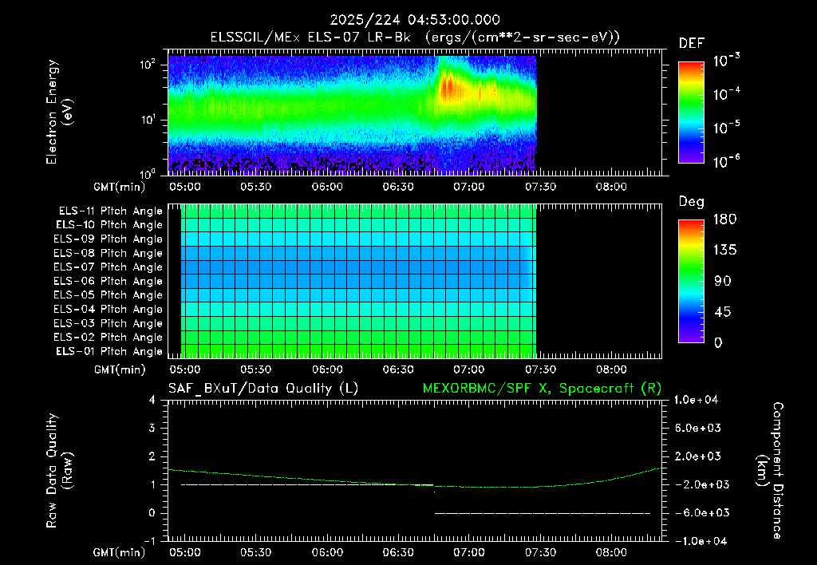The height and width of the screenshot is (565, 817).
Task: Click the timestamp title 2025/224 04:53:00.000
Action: pos(415,20)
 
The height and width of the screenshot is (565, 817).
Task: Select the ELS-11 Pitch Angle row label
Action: pos(110,211)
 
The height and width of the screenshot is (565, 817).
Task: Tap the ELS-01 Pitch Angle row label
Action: pos(109,351)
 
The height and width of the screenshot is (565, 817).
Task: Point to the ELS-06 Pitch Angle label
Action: pos(108,281)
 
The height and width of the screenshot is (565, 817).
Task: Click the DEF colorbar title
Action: pos(692,43)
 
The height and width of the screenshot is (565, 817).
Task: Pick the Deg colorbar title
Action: pos(691,202)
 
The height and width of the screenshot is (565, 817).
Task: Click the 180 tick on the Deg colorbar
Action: pos(724,219)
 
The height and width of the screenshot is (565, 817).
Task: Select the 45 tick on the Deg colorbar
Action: pos(722,312)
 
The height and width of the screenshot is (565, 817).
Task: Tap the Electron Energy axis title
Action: pos(59,112)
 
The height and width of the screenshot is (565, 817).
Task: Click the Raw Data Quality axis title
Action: pos(59,471)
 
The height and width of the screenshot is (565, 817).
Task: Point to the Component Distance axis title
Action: pos(770,471)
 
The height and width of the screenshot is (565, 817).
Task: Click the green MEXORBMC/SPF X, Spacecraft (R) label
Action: pos(542,389)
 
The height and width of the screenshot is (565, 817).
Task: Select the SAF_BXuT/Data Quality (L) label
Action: pos(263,389)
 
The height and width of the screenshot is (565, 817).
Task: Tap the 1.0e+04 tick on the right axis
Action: pos(696,400)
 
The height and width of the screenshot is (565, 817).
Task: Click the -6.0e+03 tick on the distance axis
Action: pos(696,513)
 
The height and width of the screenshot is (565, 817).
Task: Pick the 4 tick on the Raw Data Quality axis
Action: pos(152,400)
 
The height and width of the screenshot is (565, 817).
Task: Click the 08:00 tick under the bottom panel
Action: pos(611,552)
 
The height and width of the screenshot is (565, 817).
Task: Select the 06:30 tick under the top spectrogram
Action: pos(398,187)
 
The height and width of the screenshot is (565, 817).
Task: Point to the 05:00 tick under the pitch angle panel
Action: pos(185,369)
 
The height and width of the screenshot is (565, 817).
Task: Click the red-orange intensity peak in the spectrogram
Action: pos(448,87)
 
